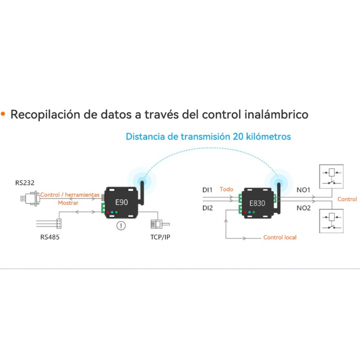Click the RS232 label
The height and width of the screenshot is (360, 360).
pos(25,183)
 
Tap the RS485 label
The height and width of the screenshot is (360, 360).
pos(50,237)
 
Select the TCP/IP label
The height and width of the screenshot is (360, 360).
pos(160,237)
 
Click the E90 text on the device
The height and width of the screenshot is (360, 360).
pos(121,202)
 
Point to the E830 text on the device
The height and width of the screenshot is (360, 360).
pos(257,203)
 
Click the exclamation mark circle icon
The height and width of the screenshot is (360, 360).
pos(121,226)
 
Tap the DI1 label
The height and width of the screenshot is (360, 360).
pos(207,190)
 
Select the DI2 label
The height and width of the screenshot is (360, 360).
pos(207,208)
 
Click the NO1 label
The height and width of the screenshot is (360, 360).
pos(303,190)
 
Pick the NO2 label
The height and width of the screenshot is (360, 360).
pos(303,208)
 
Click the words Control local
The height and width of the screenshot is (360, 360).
pos(279,237)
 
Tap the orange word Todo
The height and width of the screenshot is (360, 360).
pos(226,189)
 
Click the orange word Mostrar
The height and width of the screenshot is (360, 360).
pos(68,203)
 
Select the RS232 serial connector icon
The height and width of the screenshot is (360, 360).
pos(30,198)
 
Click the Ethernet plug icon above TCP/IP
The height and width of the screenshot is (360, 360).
pos(160,224)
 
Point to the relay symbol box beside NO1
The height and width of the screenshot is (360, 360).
pos(331,176)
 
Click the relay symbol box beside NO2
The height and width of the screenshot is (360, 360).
pos(331,221)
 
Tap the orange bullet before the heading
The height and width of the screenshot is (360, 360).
pos(3,114)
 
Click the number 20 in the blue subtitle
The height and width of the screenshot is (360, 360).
pos(238,136)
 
